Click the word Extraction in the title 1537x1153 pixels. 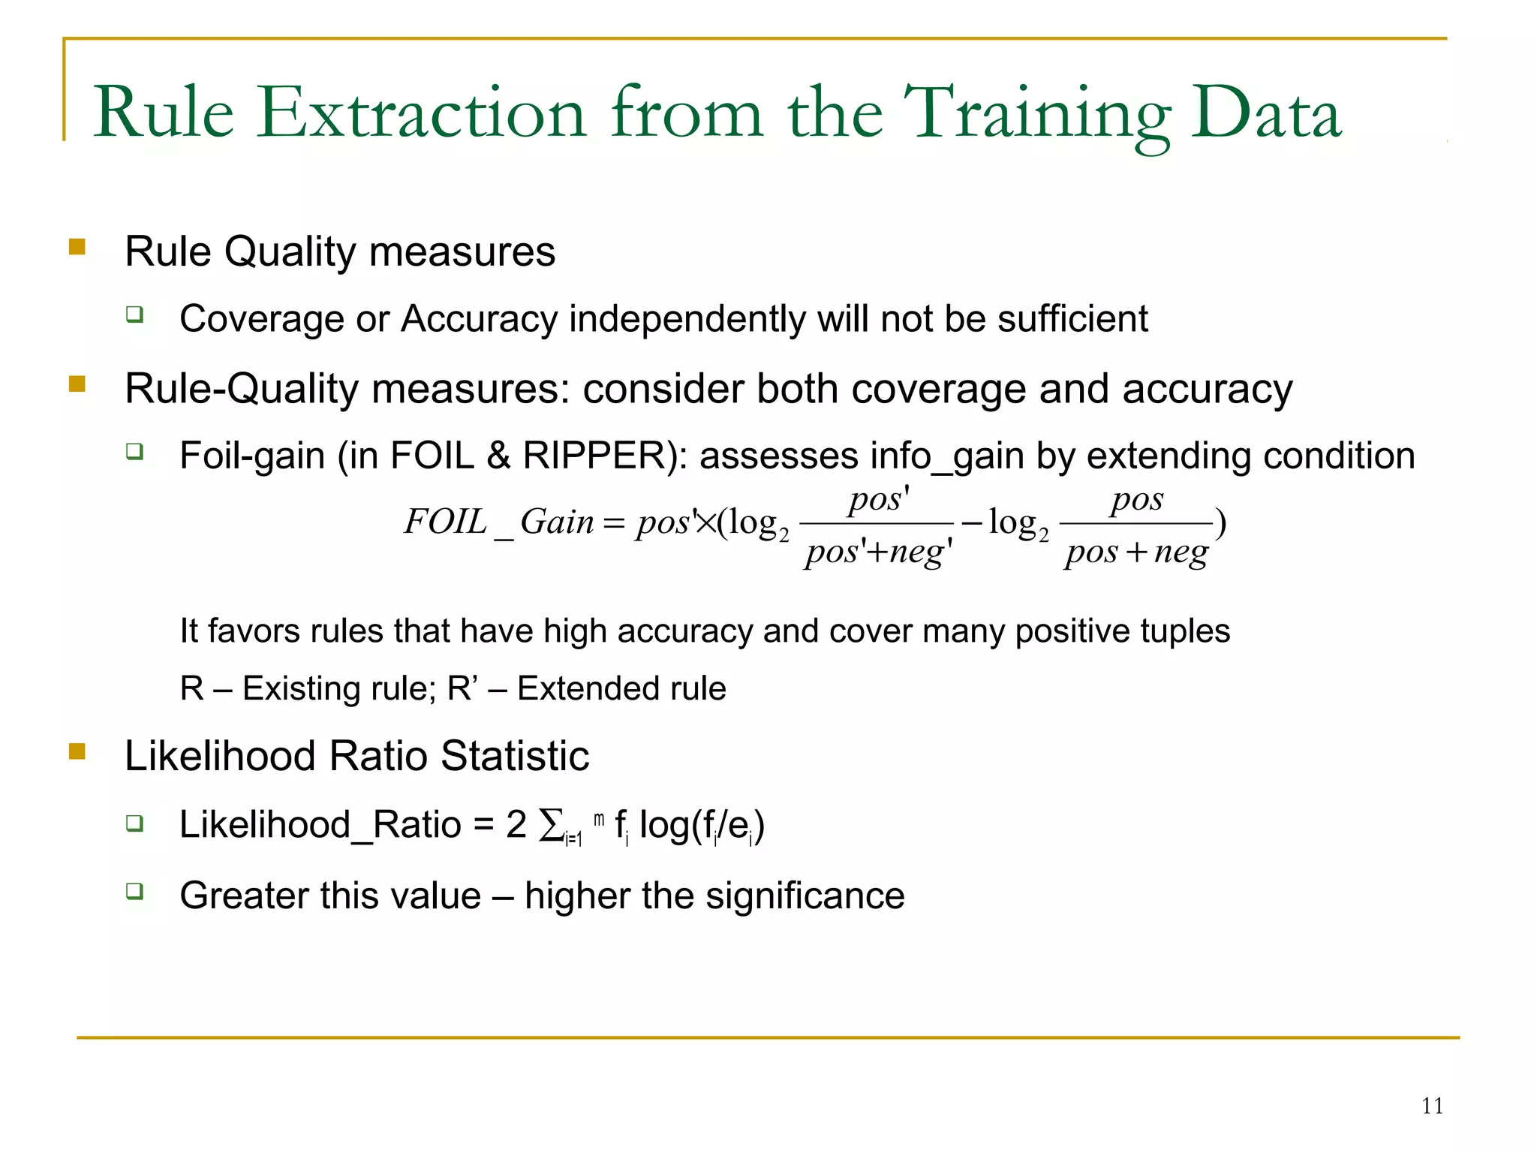point(420,113)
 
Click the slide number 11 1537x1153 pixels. point(1432,1106)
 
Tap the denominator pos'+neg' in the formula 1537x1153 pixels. point(878,553)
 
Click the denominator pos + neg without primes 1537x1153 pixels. point(1136,553)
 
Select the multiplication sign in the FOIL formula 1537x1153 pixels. point(705,522)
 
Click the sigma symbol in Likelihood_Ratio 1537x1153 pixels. point(552,825)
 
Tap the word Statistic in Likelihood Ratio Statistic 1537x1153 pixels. point(515,756)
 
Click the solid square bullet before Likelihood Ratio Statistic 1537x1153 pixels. point(77,751)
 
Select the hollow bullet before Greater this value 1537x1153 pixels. point(134,891)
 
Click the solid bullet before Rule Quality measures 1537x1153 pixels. point(77,246)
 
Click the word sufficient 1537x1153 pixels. point(1072,319)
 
